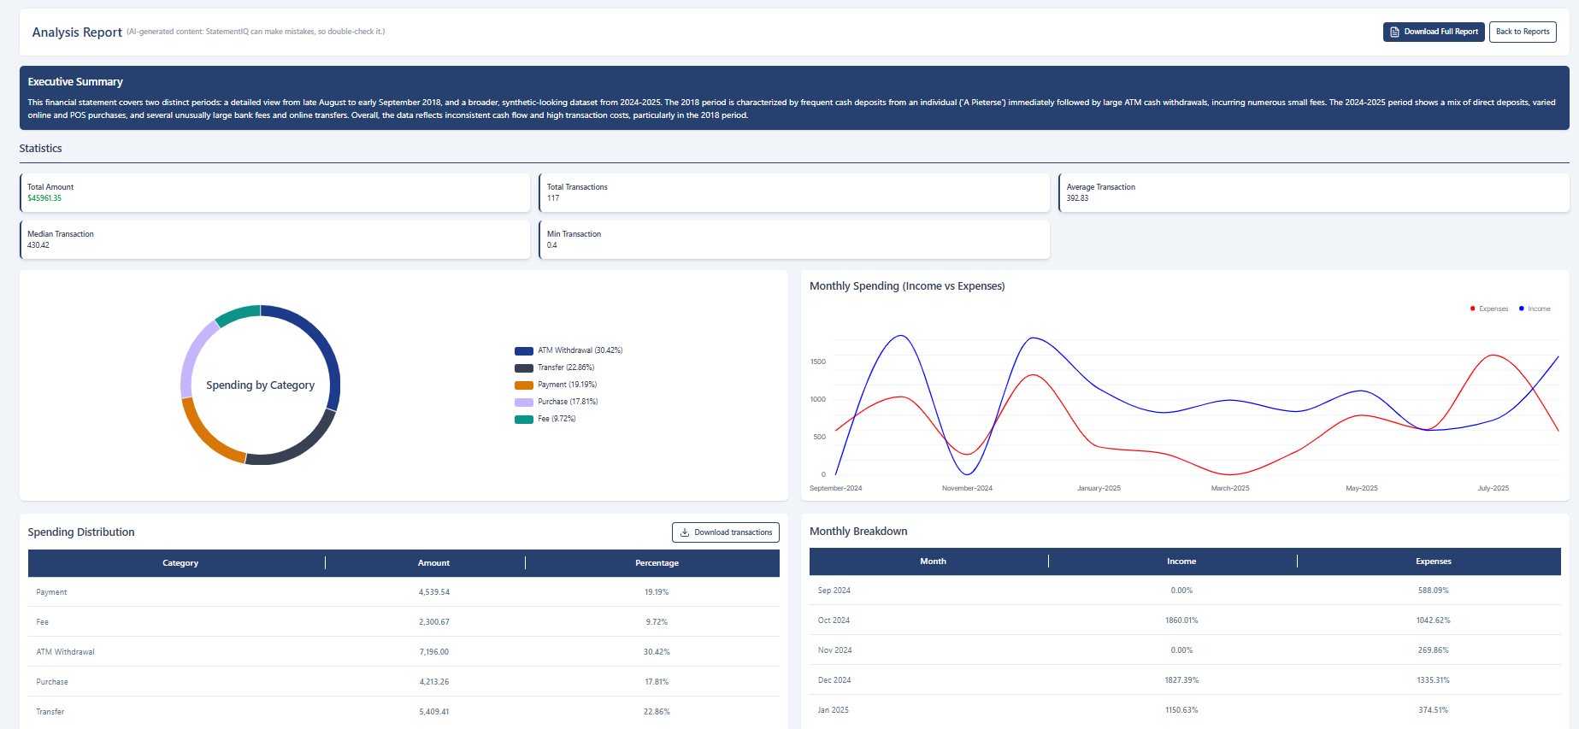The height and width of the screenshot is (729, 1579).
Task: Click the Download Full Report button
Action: (1434, 32)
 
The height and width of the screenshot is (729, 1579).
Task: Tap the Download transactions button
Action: (726, 532)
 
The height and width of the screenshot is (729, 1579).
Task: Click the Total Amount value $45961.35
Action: (44, 198)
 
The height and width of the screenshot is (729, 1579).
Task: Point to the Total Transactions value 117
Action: (553, 198)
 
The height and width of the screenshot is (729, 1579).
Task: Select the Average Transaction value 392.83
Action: (1077, 198)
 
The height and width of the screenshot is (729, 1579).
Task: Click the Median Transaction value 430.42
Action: (38, 245)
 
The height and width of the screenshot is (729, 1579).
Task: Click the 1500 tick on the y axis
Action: (818, 362)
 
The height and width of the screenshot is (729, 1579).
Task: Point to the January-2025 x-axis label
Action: (1099, 488)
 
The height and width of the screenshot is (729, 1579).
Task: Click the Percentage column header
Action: (657, 563)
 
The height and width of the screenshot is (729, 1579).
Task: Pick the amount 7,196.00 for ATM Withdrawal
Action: (433, 652)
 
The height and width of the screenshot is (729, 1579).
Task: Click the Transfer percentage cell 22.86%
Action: (657, 712)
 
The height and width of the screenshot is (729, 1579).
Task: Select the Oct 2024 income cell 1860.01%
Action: (1181, 620)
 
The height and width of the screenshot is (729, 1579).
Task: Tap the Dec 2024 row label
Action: (834, 680)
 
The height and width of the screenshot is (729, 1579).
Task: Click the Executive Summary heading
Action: (75, 82)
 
